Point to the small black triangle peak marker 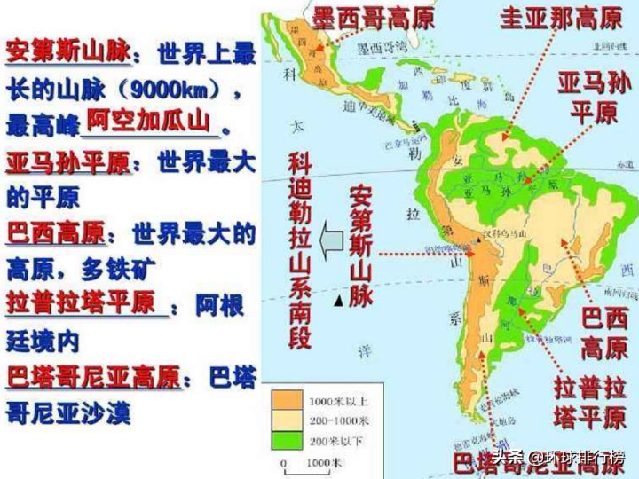pos(339,303)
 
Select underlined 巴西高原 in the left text pos(55,234)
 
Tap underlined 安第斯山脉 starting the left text pos(67,55)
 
